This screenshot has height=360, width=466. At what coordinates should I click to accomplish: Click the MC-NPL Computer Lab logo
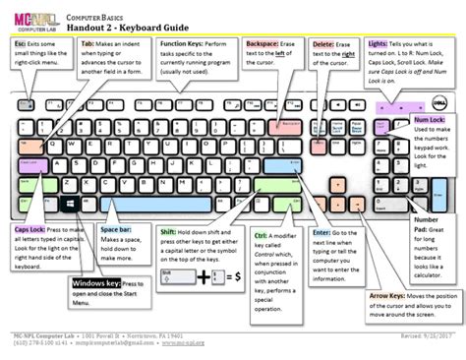click(x=30, y=19)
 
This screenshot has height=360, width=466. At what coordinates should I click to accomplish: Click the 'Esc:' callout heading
click(x=21, y=45)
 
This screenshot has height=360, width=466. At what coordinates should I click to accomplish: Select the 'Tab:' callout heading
click(x=87, y=45)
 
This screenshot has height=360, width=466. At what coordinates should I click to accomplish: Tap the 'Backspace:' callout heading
click(x=262, y=45)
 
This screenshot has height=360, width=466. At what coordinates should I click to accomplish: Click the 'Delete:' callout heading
click(x=323, y=45)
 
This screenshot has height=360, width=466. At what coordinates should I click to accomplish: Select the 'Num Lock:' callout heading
click(x=429, y=120)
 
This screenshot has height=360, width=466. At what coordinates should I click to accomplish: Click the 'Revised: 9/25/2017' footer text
click(x=417, y=336)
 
